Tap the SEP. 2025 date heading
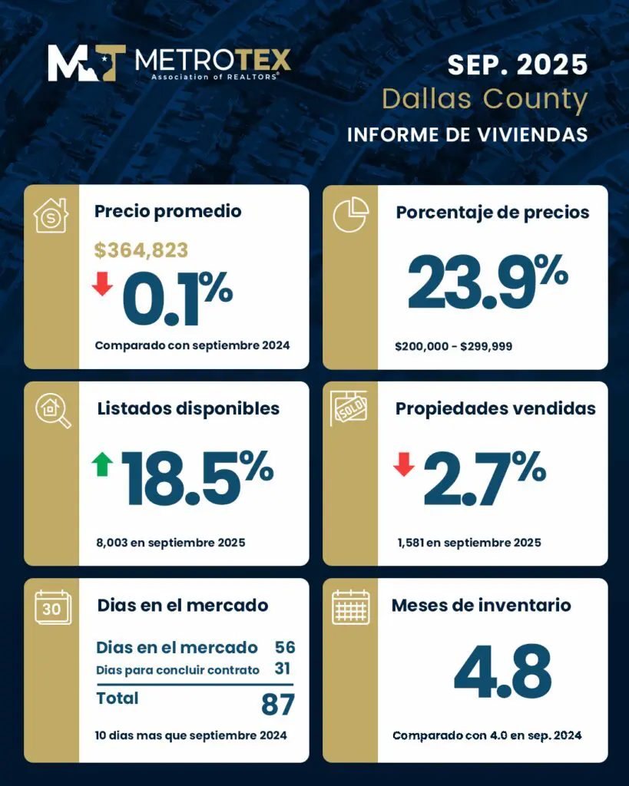(518, 64)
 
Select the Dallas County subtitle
(485, 100)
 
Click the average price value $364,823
(141, 249)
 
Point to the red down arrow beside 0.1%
(102, 284)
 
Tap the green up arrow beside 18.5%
(102, 464)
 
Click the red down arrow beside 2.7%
(403, 464)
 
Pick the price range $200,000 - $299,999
(453, 346)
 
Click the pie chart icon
(350, 215)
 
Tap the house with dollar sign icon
(51, 215)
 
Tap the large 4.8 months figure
(502, 673)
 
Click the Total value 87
(278, 703)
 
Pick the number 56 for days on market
(284, 647)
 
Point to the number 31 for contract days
(282, 669)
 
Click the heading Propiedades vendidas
(495, 408)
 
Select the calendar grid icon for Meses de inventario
(350, 607)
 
